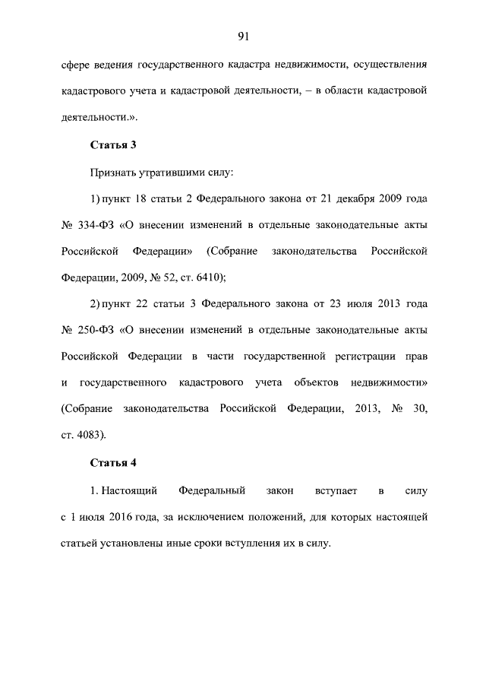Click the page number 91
(x=243, y=36)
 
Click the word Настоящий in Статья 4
(x=126, y=490)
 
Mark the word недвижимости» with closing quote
(x=390, y=383)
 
